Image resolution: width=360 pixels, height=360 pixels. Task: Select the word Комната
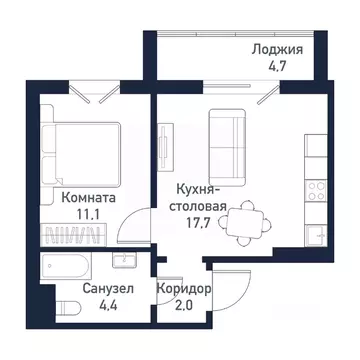tap(88, 198)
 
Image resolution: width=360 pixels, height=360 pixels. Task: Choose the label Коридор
tap(182, 291)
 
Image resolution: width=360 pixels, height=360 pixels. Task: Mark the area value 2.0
tap(182, 309)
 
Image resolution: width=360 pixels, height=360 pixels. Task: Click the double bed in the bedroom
tap(82, 150)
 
